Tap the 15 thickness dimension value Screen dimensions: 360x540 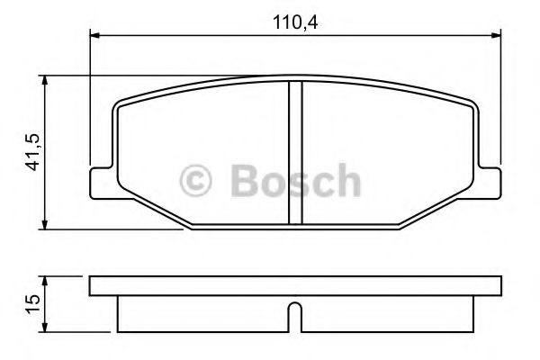point(32,299)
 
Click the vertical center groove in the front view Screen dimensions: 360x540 point(295,153)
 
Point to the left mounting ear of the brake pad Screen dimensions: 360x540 point(101,180)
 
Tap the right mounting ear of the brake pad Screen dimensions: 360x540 point(489,180)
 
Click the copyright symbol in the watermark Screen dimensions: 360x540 point(197,182)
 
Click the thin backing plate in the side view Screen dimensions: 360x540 point(295,286)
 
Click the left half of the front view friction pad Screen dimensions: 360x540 point(202,148)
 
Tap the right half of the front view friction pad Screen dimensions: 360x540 point(387,148)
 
